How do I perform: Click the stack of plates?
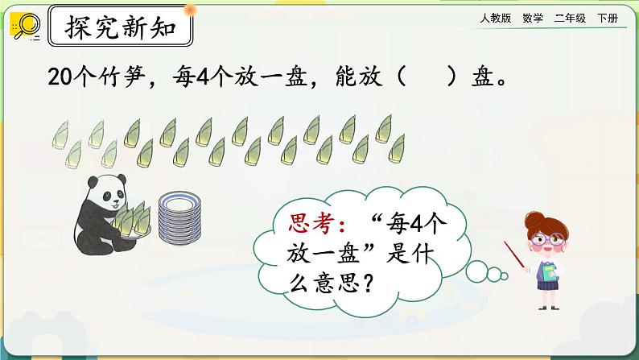179,217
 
